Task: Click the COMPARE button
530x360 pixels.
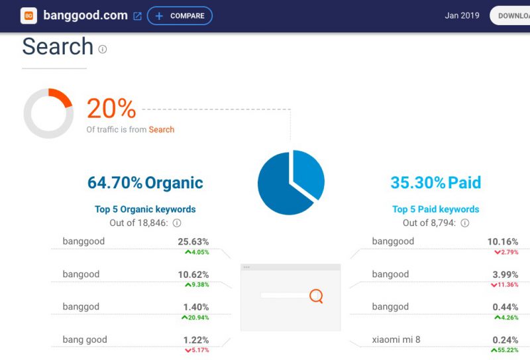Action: tap(180, 15)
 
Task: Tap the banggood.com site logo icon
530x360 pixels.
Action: tap(28, 15)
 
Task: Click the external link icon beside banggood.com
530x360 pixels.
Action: tap(137, 16)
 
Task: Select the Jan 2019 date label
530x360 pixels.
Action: tap(462, 15)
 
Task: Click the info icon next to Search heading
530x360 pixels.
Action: tap(103, 50)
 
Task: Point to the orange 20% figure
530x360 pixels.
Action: tap(111, 108)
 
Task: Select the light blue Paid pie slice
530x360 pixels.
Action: tap(307, 172)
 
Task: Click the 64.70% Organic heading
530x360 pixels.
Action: tap(145, 183)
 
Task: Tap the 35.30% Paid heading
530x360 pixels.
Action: tap(436, 183)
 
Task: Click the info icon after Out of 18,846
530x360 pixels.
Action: tap(177, 223)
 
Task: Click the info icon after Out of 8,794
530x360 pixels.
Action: tap(465, 223)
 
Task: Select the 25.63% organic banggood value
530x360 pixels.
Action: tap(193, 241)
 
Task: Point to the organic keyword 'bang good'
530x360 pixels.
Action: tap(85, 339)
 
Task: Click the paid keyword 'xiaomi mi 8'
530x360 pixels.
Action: tap(396, 339)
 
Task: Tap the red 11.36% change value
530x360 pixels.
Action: tap(505, 285)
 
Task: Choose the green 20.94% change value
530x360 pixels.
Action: tap(195, 318)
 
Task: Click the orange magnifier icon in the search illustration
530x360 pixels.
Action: tap(317, 296)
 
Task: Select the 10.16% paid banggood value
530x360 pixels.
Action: tap(503, 241)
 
